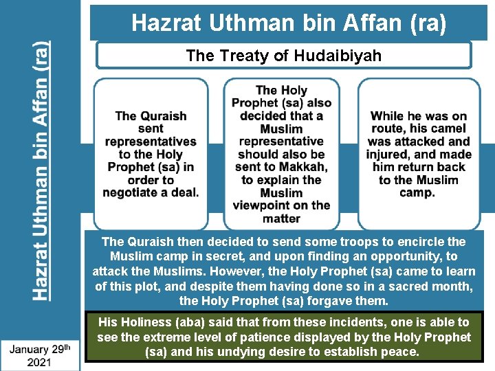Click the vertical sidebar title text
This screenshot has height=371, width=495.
tap(41, 171)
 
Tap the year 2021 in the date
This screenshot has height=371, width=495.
tap(40, 362)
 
